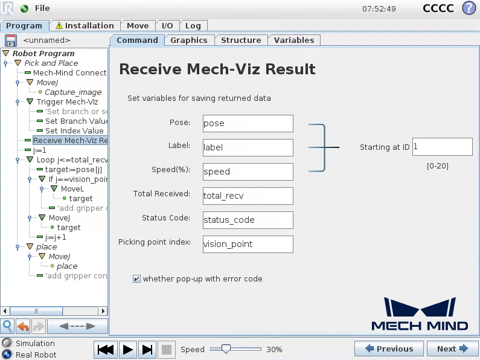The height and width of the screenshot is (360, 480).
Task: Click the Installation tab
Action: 85,26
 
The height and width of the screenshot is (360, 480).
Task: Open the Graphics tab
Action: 188,40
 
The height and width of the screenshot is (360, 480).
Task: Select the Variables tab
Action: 294,40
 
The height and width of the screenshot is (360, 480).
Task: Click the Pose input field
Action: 248,123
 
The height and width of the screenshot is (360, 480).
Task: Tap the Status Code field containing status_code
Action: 248,220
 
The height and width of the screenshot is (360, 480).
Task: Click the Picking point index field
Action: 248,244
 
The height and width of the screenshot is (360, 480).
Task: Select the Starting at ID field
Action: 442,147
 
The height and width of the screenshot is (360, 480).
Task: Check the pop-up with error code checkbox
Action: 137,279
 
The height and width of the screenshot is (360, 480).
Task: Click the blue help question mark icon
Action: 469,8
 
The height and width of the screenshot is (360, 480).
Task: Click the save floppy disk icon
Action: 10,40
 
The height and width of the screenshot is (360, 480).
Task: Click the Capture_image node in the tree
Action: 73,92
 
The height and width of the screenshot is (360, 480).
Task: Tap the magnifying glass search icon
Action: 8,326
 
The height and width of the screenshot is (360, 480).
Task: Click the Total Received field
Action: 248,196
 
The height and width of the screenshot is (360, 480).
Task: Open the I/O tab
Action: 167,26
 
